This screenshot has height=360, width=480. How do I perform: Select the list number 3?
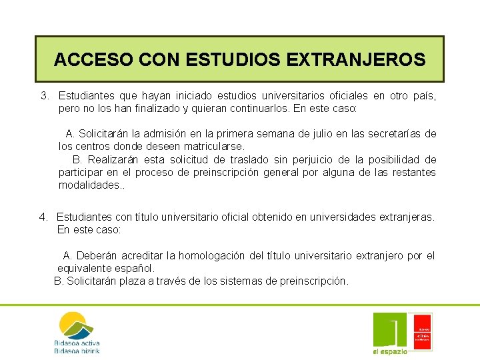coord(45,96)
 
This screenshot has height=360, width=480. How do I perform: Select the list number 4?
coord(44,217)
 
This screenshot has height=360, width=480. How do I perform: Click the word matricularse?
coord(215,145)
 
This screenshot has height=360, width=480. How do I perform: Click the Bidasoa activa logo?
coord(77,332)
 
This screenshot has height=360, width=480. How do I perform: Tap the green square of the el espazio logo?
coord(389,329)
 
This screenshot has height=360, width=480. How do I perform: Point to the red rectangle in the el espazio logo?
coord(423,331)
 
